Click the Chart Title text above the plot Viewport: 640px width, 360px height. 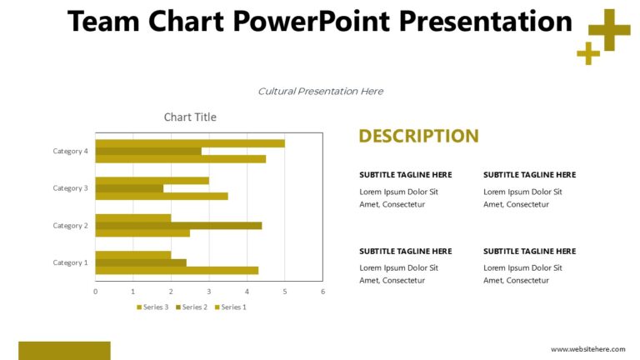(x=190, y=117)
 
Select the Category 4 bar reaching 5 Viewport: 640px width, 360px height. (x=190, y=143)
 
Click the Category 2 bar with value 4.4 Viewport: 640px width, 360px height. (x=178, y=225)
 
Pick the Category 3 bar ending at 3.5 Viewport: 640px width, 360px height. (x=162, y=197)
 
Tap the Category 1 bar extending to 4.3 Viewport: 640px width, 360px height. (x=177, y=270)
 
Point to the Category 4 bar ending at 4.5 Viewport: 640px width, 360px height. (x=180, y=158)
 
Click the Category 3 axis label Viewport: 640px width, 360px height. (x=70, y=188)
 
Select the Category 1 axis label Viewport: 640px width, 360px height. (x=70, y=262)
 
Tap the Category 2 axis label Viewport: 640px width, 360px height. (x=70, y=226)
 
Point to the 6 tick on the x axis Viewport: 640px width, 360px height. (x=322, y=291)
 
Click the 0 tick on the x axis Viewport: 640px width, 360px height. (x=95, y=291)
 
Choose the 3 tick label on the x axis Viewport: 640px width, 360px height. (x=208, y=291)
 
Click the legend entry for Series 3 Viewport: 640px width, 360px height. (x=152, y=307)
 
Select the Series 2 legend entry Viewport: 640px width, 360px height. (x=192, y=307)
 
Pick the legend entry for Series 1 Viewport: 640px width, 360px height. (x=230, y=307)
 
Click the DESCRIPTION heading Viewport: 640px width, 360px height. (x=418, y=136)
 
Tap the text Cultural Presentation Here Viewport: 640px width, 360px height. (x=320, y=92)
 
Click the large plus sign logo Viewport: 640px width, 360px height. (x=609, y=30)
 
